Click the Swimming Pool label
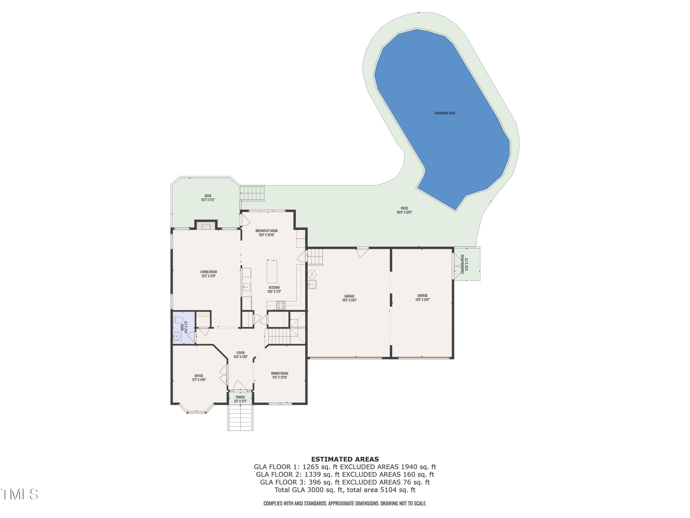coord(445,113)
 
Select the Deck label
coord(208,198)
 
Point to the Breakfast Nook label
coord(266,233)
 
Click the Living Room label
coord(208,274)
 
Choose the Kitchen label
coord(274,289)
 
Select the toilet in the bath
coord(178,320)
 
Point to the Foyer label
coord(241,355)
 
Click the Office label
coord(199,378)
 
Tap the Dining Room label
coord(279,375)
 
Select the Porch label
coord(240,399)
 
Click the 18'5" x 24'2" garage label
coord(349,298)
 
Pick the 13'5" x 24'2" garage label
coord(422,297)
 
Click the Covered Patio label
coord(464,264)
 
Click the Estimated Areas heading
coord(345,459)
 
